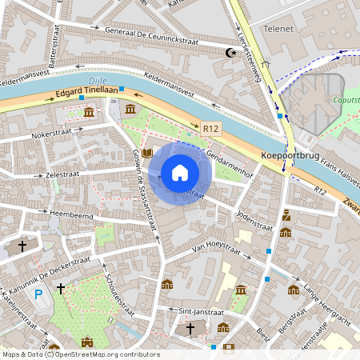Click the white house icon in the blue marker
(x=179, y=173)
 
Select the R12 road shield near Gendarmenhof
(x=210, y=127)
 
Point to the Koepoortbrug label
(x=291, y=157)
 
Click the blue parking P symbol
(x=38, y=294)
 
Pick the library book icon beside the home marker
(x=148, y=164)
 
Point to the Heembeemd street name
(x=71, y=214)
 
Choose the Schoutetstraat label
(x=120, y=293)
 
